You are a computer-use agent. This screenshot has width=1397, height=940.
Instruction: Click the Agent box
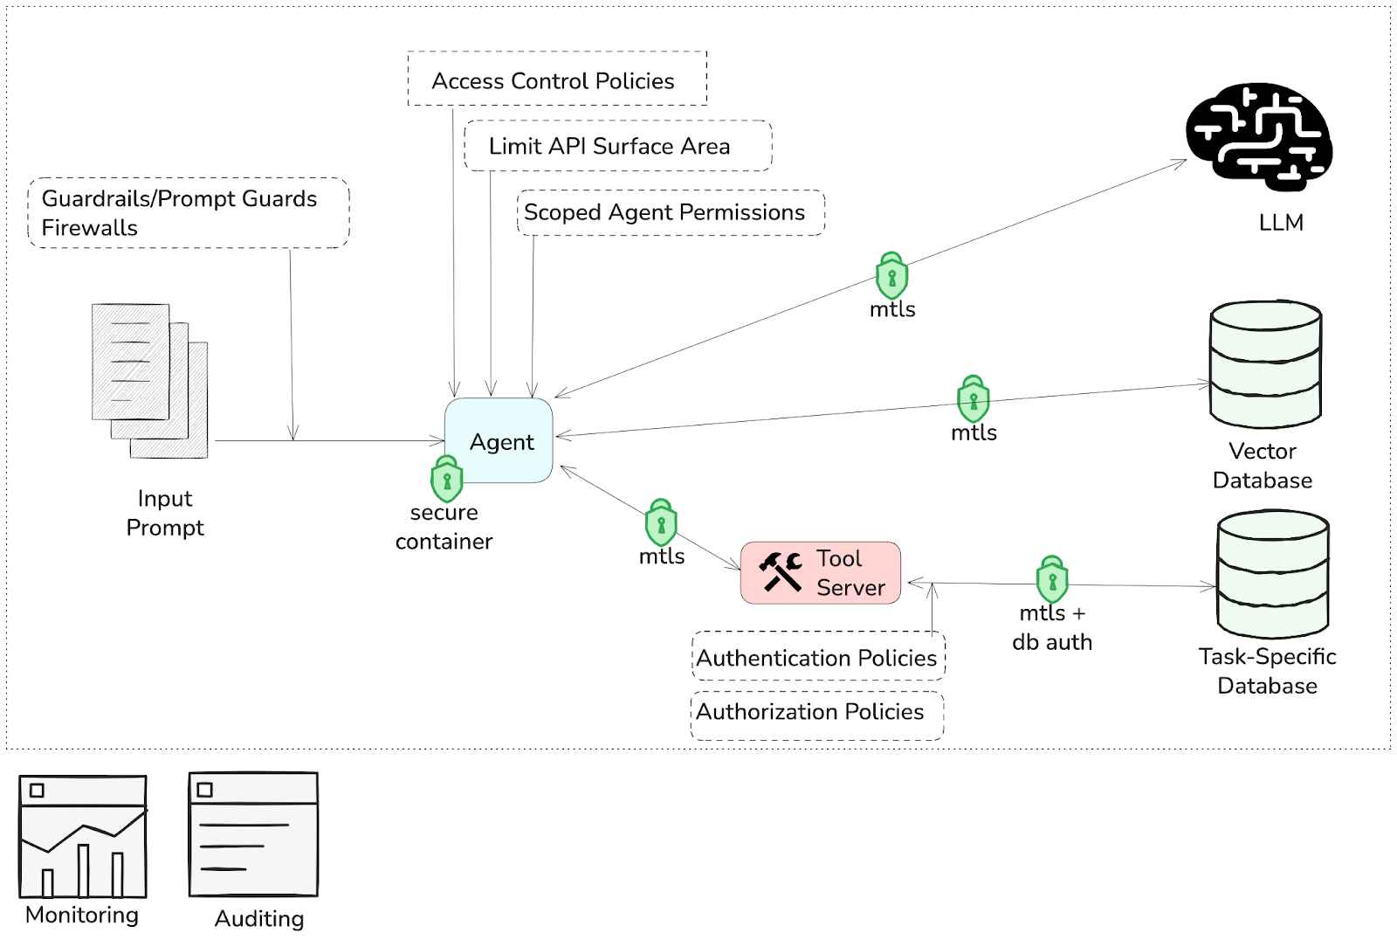(499, 440)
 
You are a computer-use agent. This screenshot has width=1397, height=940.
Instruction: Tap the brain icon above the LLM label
(1258, 136)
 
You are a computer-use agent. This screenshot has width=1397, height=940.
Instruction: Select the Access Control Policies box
(556, 79)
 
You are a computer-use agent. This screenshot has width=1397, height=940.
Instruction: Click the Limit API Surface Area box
(617, 146)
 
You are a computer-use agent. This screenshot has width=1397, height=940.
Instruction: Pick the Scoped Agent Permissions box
(670, 212)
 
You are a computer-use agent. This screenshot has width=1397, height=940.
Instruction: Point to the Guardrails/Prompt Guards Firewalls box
(188, 213)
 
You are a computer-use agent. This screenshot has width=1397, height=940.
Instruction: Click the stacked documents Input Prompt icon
(149, 380)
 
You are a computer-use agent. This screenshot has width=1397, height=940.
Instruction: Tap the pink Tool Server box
(820, 572)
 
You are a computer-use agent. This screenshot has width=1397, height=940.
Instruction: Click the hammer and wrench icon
(780, 571)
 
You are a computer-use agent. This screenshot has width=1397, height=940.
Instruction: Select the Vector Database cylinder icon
(1265, 364)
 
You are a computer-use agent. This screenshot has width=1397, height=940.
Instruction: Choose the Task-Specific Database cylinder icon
(1272, 574)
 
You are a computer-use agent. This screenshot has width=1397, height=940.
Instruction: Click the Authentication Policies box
(817, 657)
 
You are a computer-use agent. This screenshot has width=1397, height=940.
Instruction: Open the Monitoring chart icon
(83, 836)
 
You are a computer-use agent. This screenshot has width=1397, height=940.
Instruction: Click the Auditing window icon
(253, 834)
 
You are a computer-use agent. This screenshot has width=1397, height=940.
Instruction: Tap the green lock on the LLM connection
(891, 276)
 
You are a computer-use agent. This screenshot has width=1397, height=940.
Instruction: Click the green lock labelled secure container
(446, 479)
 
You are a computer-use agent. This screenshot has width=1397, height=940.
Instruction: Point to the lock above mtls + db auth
(1052, 579)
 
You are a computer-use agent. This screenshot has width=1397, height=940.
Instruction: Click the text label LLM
(1281, 223)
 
